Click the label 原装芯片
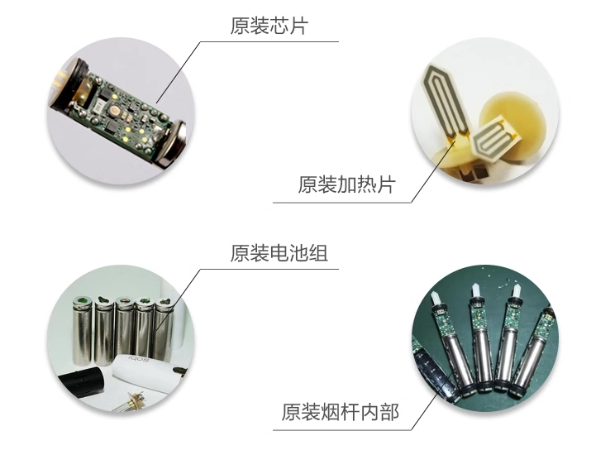tap(269, 26)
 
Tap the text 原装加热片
tap(346, 184)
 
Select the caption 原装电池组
tap(279, 253)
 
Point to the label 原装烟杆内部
tap(341, 412)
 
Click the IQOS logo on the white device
tap(139, 360)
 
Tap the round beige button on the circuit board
tap(116, 112)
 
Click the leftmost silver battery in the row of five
tap(82, 331)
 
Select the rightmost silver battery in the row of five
tap(164, 330)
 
